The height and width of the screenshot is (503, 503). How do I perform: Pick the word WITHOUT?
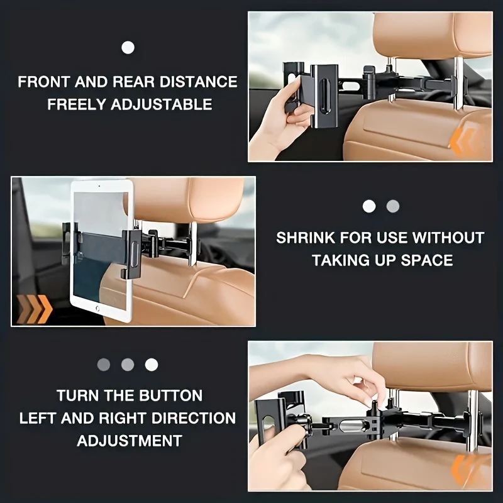[x=448, y=238]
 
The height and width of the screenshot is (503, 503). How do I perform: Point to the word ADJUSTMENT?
[x=130, y=440]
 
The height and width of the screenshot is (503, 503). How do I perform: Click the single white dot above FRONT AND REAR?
[x=128, y=47]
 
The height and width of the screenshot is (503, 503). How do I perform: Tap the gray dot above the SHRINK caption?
[x=393, y=206]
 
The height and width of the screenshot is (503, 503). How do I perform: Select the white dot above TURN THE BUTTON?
[x=152, y=364]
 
